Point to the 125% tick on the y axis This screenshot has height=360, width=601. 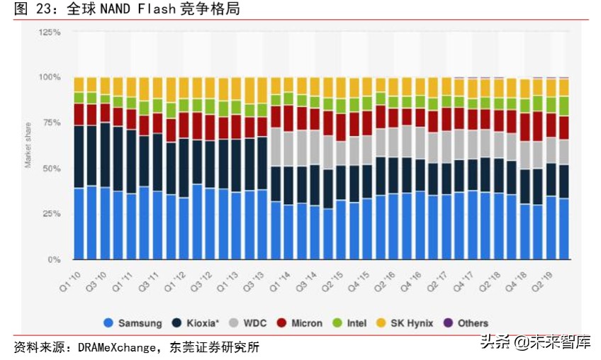click(50, 33)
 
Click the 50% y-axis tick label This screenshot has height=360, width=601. click(52, 169)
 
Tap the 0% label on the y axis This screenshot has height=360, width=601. click(55, 260)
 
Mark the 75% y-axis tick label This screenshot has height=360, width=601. click(52, 123)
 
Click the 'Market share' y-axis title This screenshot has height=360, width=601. click(28, 146)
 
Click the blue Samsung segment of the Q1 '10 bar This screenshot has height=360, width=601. click(79, 224)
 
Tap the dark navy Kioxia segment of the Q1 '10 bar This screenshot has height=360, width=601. click(79, 157)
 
